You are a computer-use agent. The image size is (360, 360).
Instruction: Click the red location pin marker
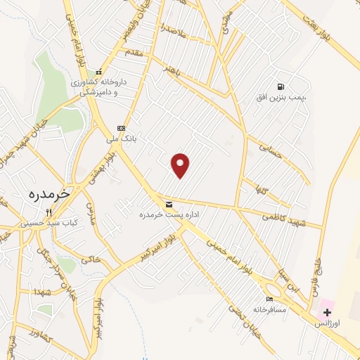[x=181, y=165]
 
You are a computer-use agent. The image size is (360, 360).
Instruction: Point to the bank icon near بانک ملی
[x=121, y=128]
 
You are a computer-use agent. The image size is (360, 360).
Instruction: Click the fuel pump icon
[x=281, y=86]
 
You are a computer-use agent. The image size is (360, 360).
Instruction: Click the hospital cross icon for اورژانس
[x=327, y=311]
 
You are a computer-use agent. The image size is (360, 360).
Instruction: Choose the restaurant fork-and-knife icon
[x=49, y=212]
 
